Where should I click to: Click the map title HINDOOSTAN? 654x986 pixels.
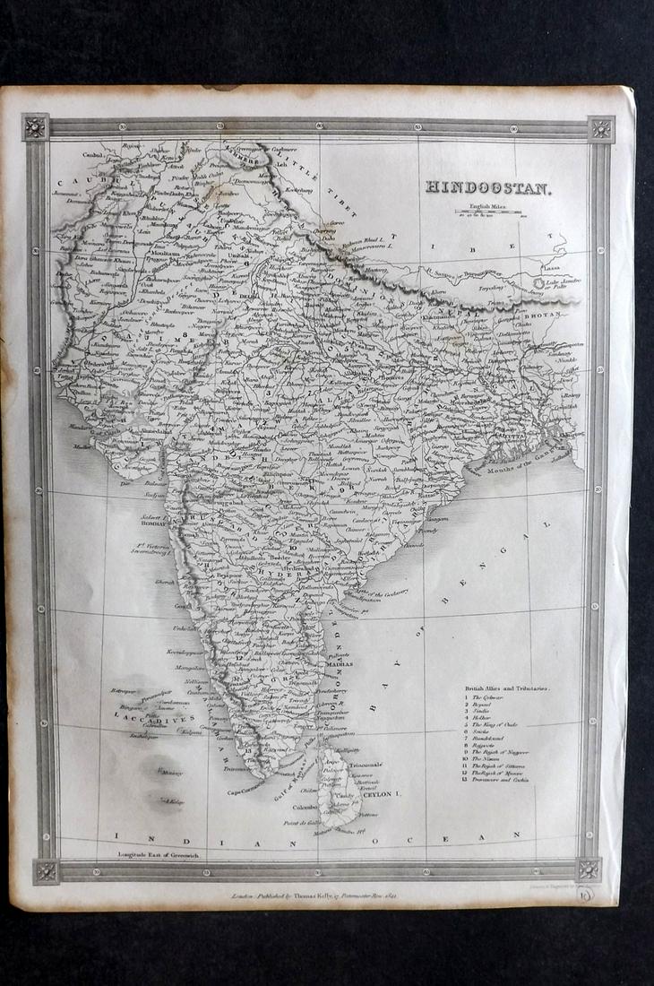489,189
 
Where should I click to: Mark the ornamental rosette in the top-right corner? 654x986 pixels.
601,128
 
